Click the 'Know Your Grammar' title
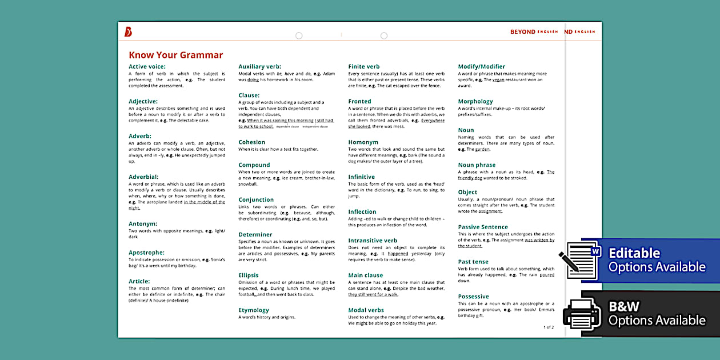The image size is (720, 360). pos(175,55)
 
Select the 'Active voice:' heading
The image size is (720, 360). pos(147,66)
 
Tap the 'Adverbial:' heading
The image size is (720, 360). pos(143,177)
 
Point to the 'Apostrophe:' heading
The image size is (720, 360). pos(146,253)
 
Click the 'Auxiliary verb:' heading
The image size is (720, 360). pos(259,66)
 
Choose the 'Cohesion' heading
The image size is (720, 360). pos(251,142)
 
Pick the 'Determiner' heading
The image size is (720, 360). pos(255,234)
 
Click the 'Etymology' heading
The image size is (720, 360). pos(254,310)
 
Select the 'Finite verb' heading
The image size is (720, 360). pos(364,66)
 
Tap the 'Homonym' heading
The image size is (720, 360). pos(363,142)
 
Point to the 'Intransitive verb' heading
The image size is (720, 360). pos(373,241)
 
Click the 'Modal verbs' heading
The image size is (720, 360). pos(366,310)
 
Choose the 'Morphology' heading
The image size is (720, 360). pos(475,101)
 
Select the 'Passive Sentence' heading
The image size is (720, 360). pos(483,227)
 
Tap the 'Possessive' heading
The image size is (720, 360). pos(473,297)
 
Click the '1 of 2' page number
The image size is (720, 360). pos(548,327)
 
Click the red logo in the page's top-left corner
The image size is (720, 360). pos(128,32)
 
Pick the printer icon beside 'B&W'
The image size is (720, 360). pos(582,314)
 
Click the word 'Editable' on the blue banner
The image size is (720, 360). pos(634,253)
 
